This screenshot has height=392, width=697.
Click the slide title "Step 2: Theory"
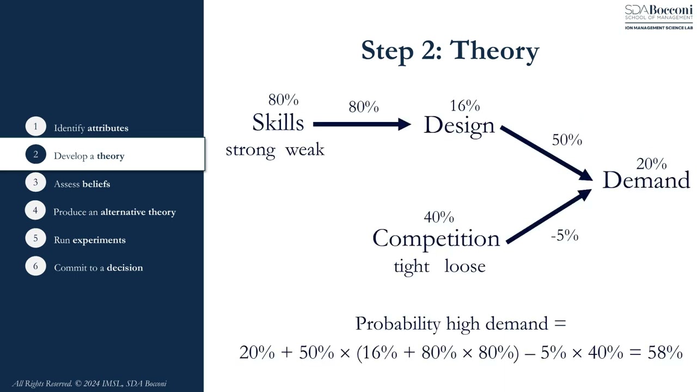[450, 51]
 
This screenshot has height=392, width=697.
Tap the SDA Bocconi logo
[658, 17]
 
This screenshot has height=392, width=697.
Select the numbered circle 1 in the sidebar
[35, 127]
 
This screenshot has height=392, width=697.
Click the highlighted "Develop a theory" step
[89, 156]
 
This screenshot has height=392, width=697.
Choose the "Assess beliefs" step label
[82, 184]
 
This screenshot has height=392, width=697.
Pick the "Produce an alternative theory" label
[114, 212]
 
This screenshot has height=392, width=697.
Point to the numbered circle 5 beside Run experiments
[35, 239]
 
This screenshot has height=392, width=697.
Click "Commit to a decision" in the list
[98, 268]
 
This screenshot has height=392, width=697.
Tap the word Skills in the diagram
[278, 123]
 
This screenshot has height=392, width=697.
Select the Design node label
[459, 125]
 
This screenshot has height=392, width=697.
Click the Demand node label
[646, 180]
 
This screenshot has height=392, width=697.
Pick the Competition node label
[436, 238]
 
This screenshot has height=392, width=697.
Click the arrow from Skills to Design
[362, 125]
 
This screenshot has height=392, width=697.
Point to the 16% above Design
[464, 106]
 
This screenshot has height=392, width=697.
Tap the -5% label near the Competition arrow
[564, 235]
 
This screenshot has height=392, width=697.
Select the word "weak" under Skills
[304, 150]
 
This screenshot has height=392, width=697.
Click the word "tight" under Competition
[411, 266]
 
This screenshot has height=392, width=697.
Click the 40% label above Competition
[438, 217]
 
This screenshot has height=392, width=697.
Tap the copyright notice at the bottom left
[89, 383]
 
